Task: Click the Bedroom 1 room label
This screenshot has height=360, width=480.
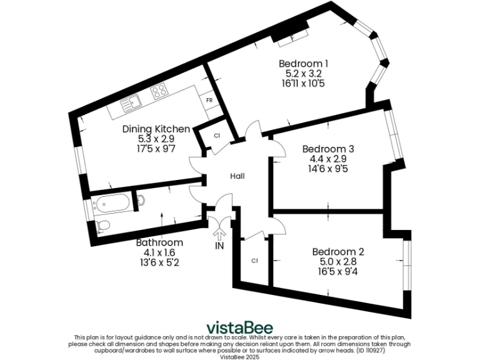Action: [303, 63]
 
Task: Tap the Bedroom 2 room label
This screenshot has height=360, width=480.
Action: [337, 252]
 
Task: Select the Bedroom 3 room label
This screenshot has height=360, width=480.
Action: [328, 149]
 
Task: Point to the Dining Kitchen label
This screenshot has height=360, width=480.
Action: [156, 129]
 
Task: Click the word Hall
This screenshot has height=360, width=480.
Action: [237, 176]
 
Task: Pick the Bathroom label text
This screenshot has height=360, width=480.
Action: [160, 242]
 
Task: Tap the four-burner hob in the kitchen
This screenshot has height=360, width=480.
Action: [159, 92]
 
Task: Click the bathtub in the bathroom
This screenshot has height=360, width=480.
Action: [112, 202]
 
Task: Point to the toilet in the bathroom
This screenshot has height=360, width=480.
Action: [104, 225]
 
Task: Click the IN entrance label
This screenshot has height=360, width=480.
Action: [219, 246]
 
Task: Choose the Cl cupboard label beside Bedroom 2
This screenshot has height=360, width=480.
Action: [255, 260]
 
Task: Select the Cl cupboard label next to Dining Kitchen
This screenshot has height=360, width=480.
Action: [217, 136]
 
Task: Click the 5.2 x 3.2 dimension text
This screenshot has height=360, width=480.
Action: [303, 73]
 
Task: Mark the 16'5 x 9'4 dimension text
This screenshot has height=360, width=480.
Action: [338, 272]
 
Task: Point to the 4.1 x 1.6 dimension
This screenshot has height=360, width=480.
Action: [160, 252]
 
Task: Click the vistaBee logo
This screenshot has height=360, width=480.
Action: [240, 327]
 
